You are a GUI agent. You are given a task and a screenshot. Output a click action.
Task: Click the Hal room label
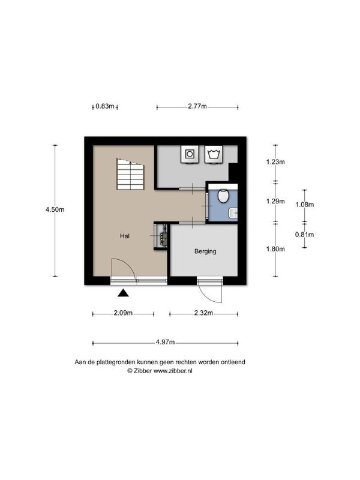[x=125, y=236]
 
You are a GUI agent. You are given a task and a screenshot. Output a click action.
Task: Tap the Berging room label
[x=205, y=251]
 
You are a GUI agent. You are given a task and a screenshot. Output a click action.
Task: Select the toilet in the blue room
[x=223, y=196]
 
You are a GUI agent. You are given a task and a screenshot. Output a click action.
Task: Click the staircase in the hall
[x=130, y=174]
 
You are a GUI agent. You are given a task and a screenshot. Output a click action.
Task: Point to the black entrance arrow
[x=123, y=293]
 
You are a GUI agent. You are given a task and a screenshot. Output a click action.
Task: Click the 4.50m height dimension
[x=55, y=209]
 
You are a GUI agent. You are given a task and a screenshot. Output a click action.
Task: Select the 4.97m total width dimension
[x=165, y=342]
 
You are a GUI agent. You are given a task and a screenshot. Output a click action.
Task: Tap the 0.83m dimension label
[x=104, y=106]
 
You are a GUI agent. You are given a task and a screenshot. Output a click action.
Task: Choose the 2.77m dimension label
[x=197, y=106]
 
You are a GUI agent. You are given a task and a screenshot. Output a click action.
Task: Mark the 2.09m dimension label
[x=123, y=313]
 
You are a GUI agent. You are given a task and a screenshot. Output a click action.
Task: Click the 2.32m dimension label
[x=203, y=313]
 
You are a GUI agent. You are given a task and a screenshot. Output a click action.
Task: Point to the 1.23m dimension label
[x=275, y=161]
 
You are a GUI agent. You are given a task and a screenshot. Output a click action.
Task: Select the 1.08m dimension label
[x=305, y=205]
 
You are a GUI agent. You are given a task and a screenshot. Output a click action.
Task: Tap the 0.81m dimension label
[x=305, y=235]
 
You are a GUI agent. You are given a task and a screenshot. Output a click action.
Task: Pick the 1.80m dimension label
[x=275, y=249]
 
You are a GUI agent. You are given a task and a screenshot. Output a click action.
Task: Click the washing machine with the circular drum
[x=190, y=154]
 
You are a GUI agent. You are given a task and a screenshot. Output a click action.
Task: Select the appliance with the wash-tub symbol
[x=214, y=154]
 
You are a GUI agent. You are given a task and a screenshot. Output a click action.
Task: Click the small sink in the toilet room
[x=233, y=213]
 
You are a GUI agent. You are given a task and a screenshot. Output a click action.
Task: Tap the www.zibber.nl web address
[x=173, y=371]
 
